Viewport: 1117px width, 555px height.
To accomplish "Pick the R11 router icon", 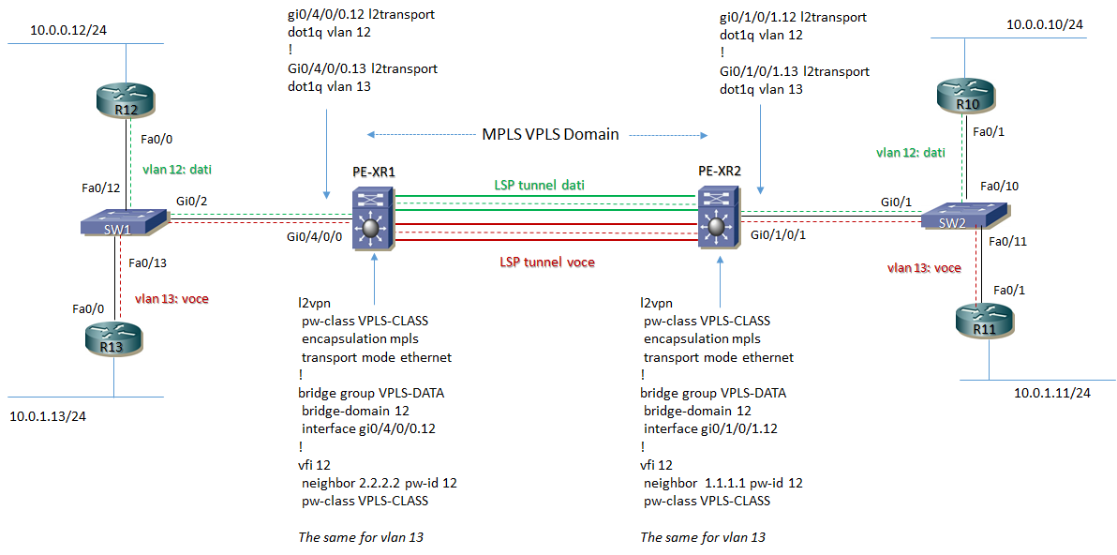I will click(x=978, y=321).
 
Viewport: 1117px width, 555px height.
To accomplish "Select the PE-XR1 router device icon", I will click(x=373, y=219).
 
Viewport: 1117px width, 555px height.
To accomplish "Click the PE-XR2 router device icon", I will click(x=717, y=219).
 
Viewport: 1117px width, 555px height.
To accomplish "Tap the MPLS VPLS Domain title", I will click(x=550, y=134).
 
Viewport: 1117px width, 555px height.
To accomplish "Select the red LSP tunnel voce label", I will click(x=546, y=262).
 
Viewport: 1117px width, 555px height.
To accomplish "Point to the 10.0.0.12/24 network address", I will click(x=68, y=30).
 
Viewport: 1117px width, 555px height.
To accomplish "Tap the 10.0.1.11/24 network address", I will click(x=1052, y=393).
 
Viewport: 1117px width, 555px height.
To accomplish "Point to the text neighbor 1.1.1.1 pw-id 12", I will click(x=722, y=483).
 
